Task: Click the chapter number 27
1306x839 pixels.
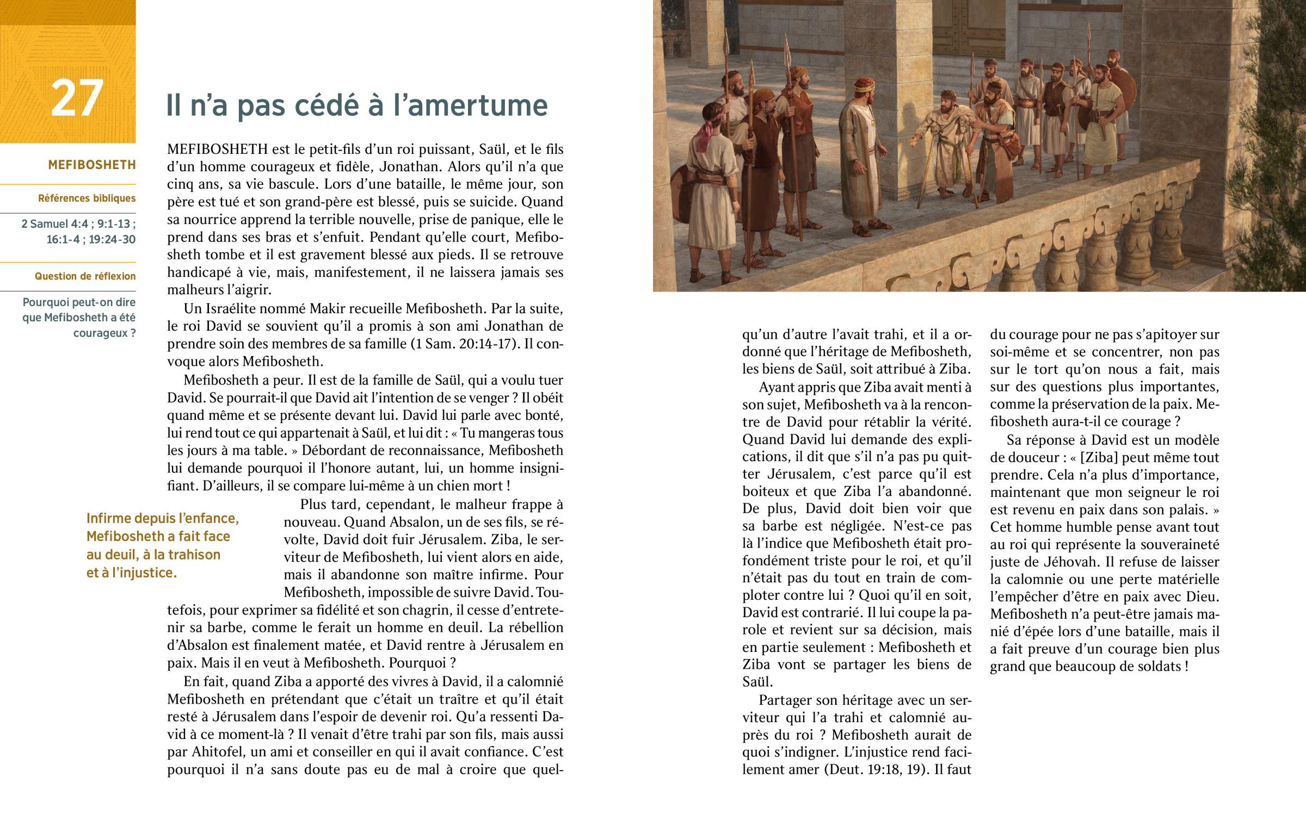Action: point(77,98)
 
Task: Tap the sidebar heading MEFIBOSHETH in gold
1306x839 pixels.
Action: point(91,165)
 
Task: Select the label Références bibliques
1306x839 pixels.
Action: point(87,198)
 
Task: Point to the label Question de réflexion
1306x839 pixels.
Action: point(85,276)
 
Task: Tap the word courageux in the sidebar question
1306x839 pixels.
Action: point(100,333)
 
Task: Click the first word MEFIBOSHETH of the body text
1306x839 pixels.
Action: point(217,150)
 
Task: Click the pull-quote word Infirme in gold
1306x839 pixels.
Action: point(108,518)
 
